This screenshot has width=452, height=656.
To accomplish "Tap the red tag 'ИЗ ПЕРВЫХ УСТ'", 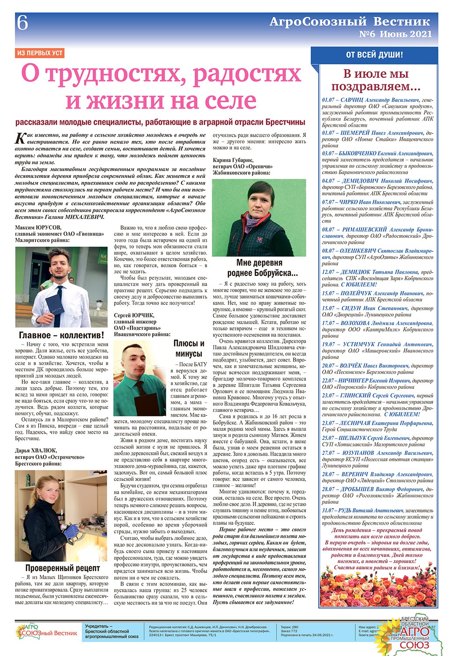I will [39, 53].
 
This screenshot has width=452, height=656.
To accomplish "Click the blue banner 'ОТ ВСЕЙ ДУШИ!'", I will [374, 55].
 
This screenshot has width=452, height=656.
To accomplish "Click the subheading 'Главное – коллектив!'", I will [62, 335].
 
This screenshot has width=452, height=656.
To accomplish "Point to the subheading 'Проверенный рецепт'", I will [63, 568].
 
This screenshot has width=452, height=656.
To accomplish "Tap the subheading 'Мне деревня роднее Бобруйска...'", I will [259, 268].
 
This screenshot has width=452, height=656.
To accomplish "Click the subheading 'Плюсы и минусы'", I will [189, 348].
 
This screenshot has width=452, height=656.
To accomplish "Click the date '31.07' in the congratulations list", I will [328, 510].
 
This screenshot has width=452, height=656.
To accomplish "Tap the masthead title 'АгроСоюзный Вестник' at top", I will [350, 21].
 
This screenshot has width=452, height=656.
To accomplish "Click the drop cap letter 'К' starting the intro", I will [20, 138].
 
